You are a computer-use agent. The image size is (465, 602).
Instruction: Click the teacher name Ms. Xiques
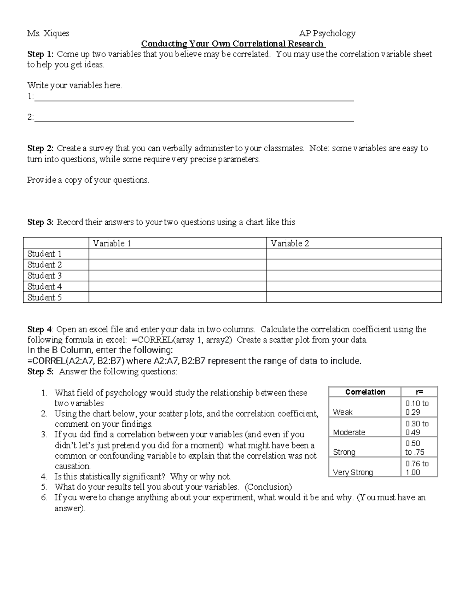[48, 33]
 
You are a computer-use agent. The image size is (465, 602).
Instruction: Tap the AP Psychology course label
[327, 33]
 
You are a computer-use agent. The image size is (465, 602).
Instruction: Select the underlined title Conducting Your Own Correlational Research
[233, 44]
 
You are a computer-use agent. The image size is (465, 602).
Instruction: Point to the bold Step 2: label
[40, 148]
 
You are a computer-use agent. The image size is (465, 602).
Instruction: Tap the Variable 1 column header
[112, 243]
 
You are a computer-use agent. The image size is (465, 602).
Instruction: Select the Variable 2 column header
[290, 243]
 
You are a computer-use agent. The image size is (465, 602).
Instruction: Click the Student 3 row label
[45, 276]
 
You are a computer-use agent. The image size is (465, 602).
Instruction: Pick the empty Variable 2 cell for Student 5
[354, 297]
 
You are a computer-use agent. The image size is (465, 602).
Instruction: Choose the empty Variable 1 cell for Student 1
[177, 254]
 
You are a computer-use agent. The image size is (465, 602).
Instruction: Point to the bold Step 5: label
[40, 372]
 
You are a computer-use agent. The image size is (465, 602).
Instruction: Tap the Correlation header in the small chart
[365, 392]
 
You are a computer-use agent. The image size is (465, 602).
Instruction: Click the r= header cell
[419, 392]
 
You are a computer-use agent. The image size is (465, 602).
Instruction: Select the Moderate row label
[349, 432]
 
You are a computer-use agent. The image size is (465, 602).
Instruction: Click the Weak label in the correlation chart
[343, 412]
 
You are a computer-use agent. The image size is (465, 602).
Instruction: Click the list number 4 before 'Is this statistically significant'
[44, 477]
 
